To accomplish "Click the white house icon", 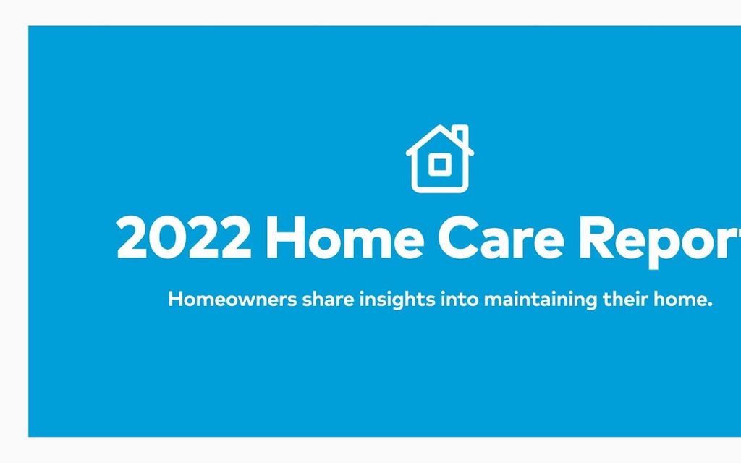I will pyautogui.click(x=439, y=160).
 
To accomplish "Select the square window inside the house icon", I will pyautogui.click(x=438, y=164).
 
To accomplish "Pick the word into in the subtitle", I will pyautogui.click(x=460, y=299).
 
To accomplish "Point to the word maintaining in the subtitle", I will pyautogui.click(x=541, y=300).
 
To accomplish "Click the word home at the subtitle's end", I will pyautogui.click(x=680, y=299).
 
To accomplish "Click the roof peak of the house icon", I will pyautogui.click(x=439, y=127).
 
